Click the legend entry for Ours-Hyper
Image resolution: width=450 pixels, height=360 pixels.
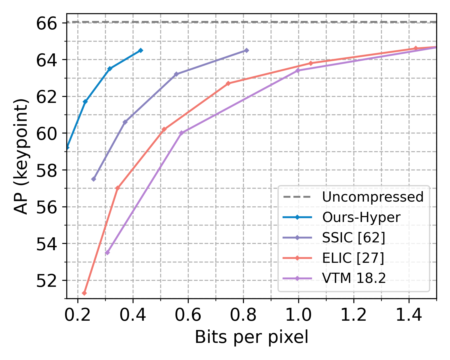click(x=361, y=217)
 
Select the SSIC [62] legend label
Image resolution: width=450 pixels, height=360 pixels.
click(x=353, y=238)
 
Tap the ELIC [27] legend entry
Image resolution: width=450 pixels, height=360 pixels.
click(x=353, y=258)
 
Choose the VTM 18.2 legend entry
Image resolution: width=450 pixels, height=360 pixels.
click(x=354, y=279)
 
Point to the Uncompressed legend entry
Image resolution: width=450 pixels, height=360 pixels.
click(x=373, y=197)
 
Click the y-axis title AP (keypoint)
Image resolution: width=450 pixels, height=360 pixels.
click(x=21, y=156)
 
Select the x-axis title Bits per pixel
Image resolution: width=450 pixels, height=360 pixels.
click(x=251, y=337)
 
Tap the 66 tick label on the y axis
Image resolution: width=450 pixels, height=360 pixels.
click(x=46, y=23)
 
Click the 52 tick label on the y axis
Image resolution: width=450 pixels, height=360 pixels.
click(x=46, y=281)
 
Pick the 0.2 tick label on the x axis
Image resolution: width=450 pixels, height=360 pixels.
click(x=78, y=315)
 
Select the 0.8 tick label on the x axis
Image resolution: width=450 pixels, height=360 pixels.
click(x=243, y=315)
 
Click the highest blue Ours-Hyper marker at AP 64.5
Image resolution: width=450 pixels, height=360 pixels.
click(x=140, y=50)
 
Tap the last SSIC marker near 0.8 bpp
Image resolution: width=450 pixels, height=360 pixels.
click(x=246, y=50)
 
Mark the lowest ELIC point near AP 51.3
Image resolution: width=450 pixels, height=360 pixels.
click(x=84, y=293)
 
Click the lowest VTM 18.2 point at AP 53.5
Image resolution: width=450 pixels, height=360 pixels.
click(x=107, y=253)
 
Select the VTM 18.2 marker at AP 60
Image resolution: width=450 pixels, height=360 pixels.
click(x=181, y=133)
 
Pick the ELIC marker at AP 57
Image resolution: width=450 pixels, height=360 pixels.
click(x=118, y=188)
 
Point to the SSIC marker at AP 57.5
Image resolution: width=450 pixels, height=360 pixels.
click(x=94, y=179)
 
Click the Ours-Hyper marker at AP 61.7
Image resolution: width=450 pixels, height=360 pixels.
click(x=85, y=102)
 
